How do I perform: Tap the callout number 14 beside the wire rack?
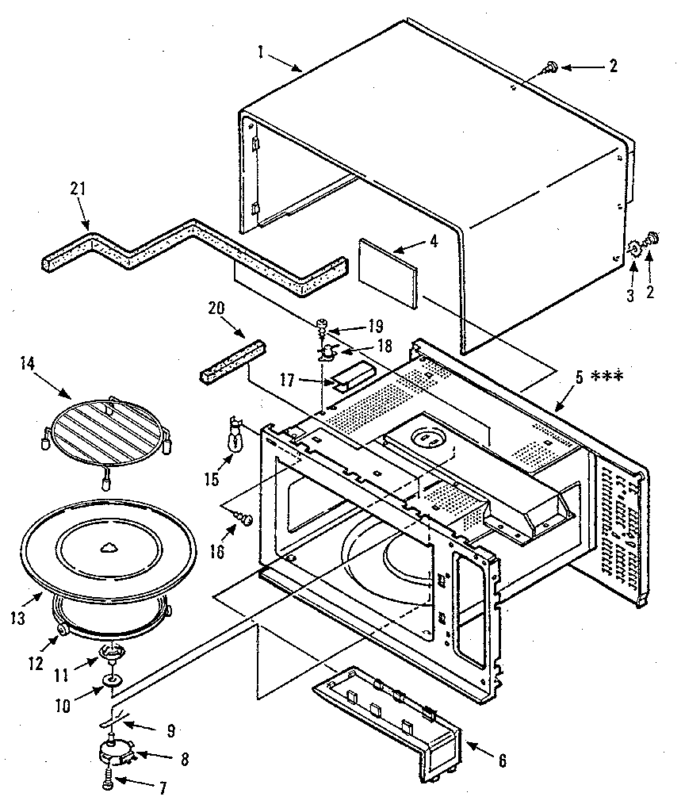[29, 363]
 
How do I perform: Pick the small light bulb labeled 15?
[234, 439]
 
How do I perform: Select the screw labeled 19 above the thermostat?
[323, 324]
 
